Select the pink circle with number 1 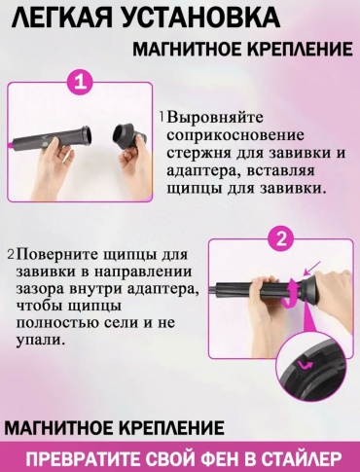pos(81,83)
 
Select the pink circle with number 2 pos(281,240)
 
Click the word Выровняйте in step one pos(216,118)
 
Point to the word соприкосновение pos(235,135)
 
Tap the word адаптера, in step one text pos(204,171)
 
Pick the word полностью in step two pos(56,323)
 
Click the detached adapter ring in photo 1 pos(128,137)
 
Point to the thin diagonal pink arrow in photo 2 pos(312,269)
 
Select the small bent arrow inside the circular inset pos(306,365)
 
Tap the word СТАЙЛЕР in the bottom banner pos(301,459)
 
